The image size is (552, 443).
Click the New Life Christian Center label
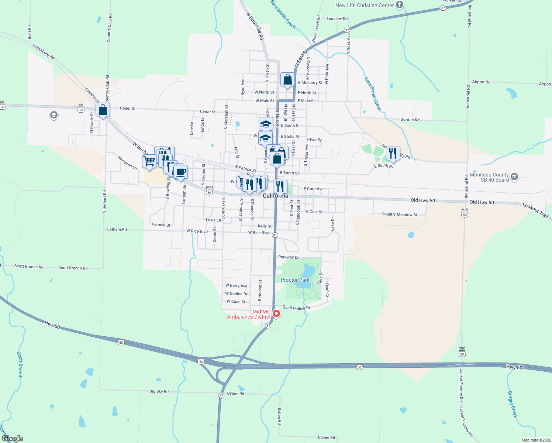(x=364, y=5)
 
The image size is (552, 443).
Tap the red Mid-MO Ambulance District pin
(x=276, y=314)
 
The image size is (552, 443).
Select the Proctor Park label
(x=295, y=280)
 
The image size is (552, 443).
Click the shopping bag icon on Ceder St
(x=103, y=110)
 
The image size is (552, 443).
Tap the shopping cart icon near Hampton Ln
(x=149, y=161)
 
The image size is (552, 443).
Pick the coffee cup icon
(x=180, y=172)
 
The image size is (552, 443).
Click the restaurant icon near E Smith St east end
(x=393, y=153)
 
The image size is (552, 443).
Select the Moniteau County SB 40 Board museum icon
(x=514, y=177)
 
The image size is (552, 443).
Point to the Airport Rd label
(x=481, y=82)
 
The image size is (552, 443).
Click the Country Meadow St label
(x=399, y=214)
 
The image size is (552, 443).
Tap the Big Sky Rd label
(x=159, y=391)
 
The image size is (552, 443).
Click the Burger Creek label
(x=513, y=404)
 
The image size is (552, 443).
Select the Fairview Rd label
(x=337, y=18)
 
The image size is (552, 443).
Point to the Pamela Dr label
(x=161, y=224)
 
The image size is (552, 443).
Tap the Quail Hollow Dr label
(x=296, y=308)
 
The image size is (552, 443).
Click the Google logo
(x=12, y=438)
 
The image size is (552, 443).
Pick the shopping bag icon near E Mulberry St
(x=287, y=80)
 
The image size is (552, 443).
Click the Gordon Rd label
(x=410, y=120)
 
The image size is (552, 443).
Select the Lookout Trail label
(x=535, y=210)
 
